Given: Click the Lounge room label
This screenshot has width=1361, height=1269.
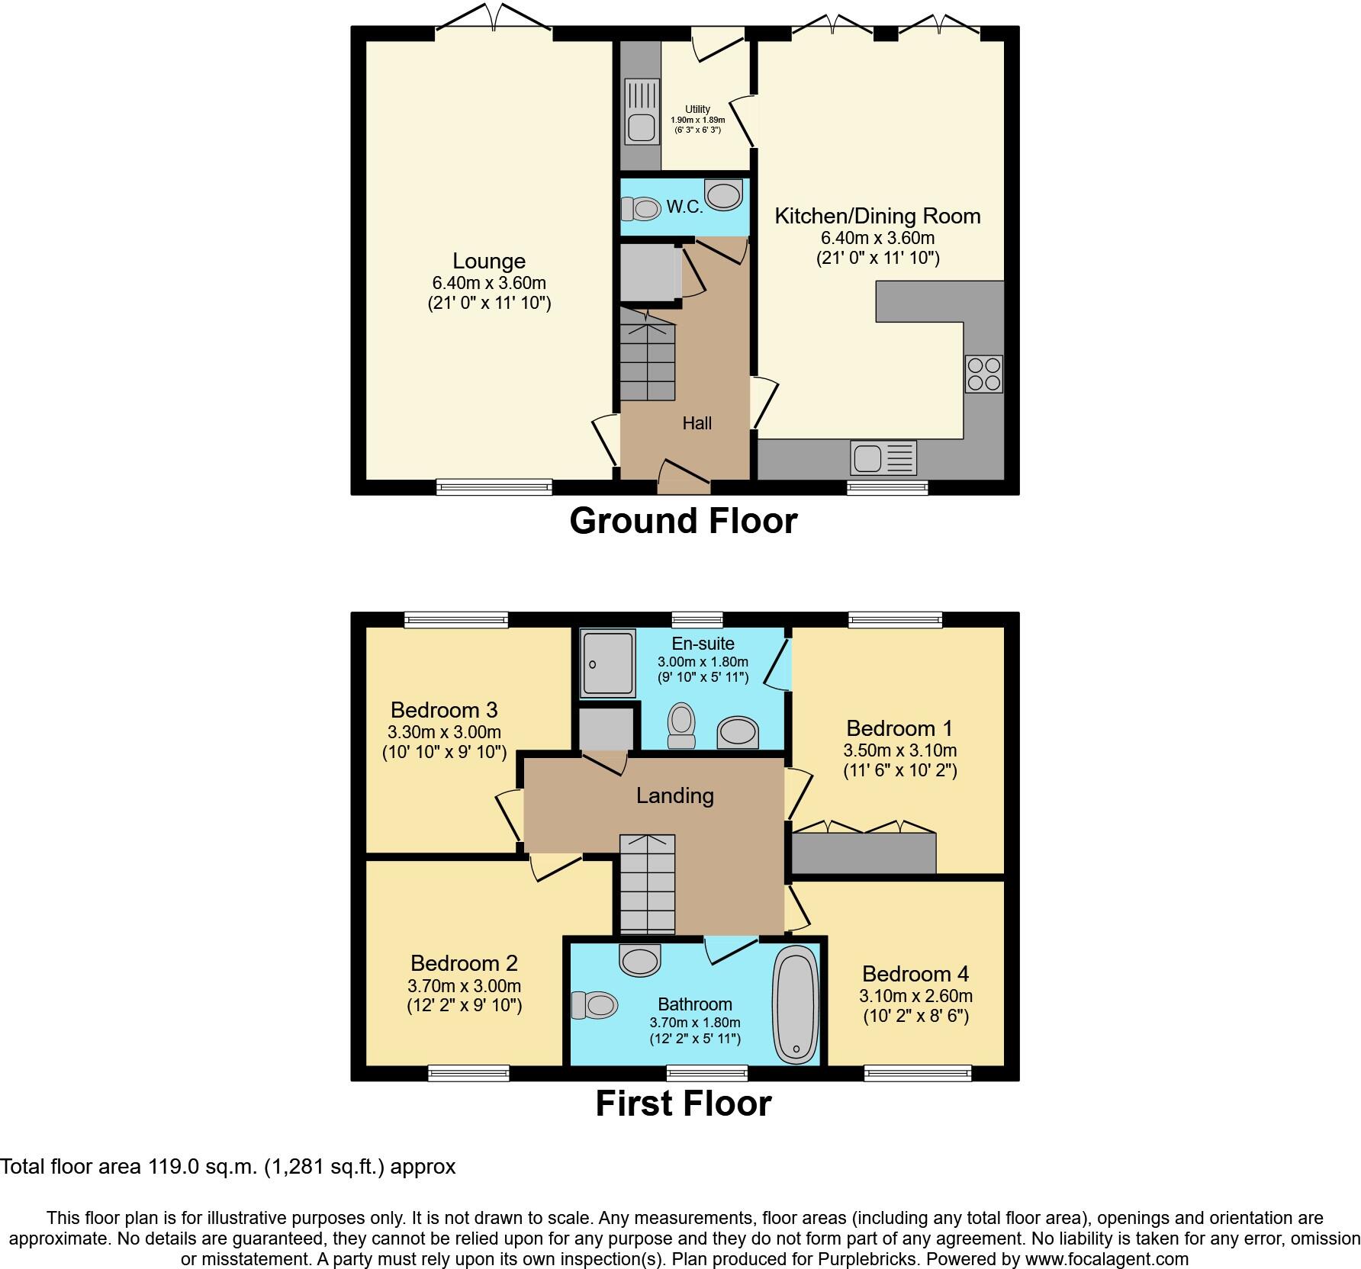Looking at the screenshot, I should pyautogui.click(x=488, y=262).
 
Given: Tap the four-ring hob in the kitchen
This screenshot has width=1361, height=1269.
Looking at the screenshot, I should pyautogui.click(x=983, y=374).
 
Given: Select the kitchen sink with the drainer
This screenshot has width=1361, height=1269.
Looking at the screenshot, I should pyautogui.click(x=883, y=458).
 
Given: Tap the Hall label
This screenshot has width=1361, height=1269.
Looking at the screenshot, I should pyautogui.click(x=697, y=423).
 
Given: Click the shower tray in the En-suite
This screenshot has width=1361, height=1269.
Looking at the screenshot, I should pyautogui.click(x=607, y=663).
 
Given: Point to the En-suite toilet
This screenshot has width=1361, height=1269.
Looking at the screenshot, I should pyautogui.click(x=681, y=725).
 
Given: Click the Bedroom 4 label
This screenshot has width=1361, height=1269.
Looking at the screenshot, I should pyautogui.click(x=915, y=974).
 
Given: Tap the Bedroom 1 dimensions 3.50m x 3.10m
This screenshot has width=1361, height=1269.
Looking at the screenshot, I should pyautogui.click(x=899, y=750).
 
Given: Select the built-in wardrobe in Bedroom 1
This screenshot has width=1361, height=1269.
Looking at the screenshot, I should pyautogui.click(x=863, y=853).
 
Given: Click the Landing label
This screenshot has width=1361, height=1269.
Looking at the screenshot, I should pyautogui.click(x=675, y=796).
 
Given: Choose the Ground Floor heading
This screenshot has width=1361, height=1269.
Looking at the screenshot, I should pyautogui.click(x=683, y=522).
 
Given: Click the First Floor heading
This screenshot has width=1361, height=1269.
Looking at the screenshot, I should pyautogui.click(x=683, y=1104).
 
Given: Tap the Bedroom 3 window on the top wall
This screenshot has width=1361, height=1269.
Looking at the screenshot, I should pyautogui.click(x=456, y=620).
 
